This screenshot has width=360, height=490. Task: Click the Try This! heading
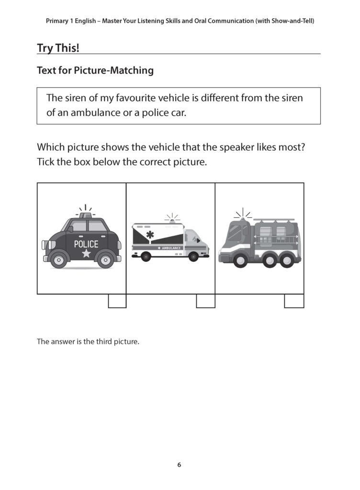(x=58, y=48)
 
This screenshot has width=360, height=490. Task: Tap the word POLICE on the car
(x=86, y=244)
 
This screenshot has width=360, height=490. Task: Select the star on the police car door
(x=86, y=253)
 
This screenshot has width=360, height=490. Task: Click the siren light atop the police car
(x=86, y=215)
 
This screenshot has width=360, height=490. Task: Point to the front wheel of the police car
(x=58, y=259)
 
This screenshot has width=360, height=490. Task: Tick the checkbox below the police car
(x=117, y=301)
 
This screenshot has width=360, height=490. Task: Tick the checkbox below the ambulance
(x=206, y=301)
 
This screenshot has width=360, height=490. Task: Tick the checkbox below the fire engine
(x=294, y=301)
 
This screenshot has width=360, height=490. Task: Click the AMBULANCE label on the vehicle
(x=171, y=248)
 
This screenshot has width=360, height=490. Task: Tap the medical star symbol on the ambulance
(x=150, y=234)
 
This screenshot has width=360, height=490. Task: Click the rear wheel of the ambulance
(x=146, y=257)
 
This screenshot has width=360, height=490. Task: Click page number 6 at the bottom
(x=179, y=465)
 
